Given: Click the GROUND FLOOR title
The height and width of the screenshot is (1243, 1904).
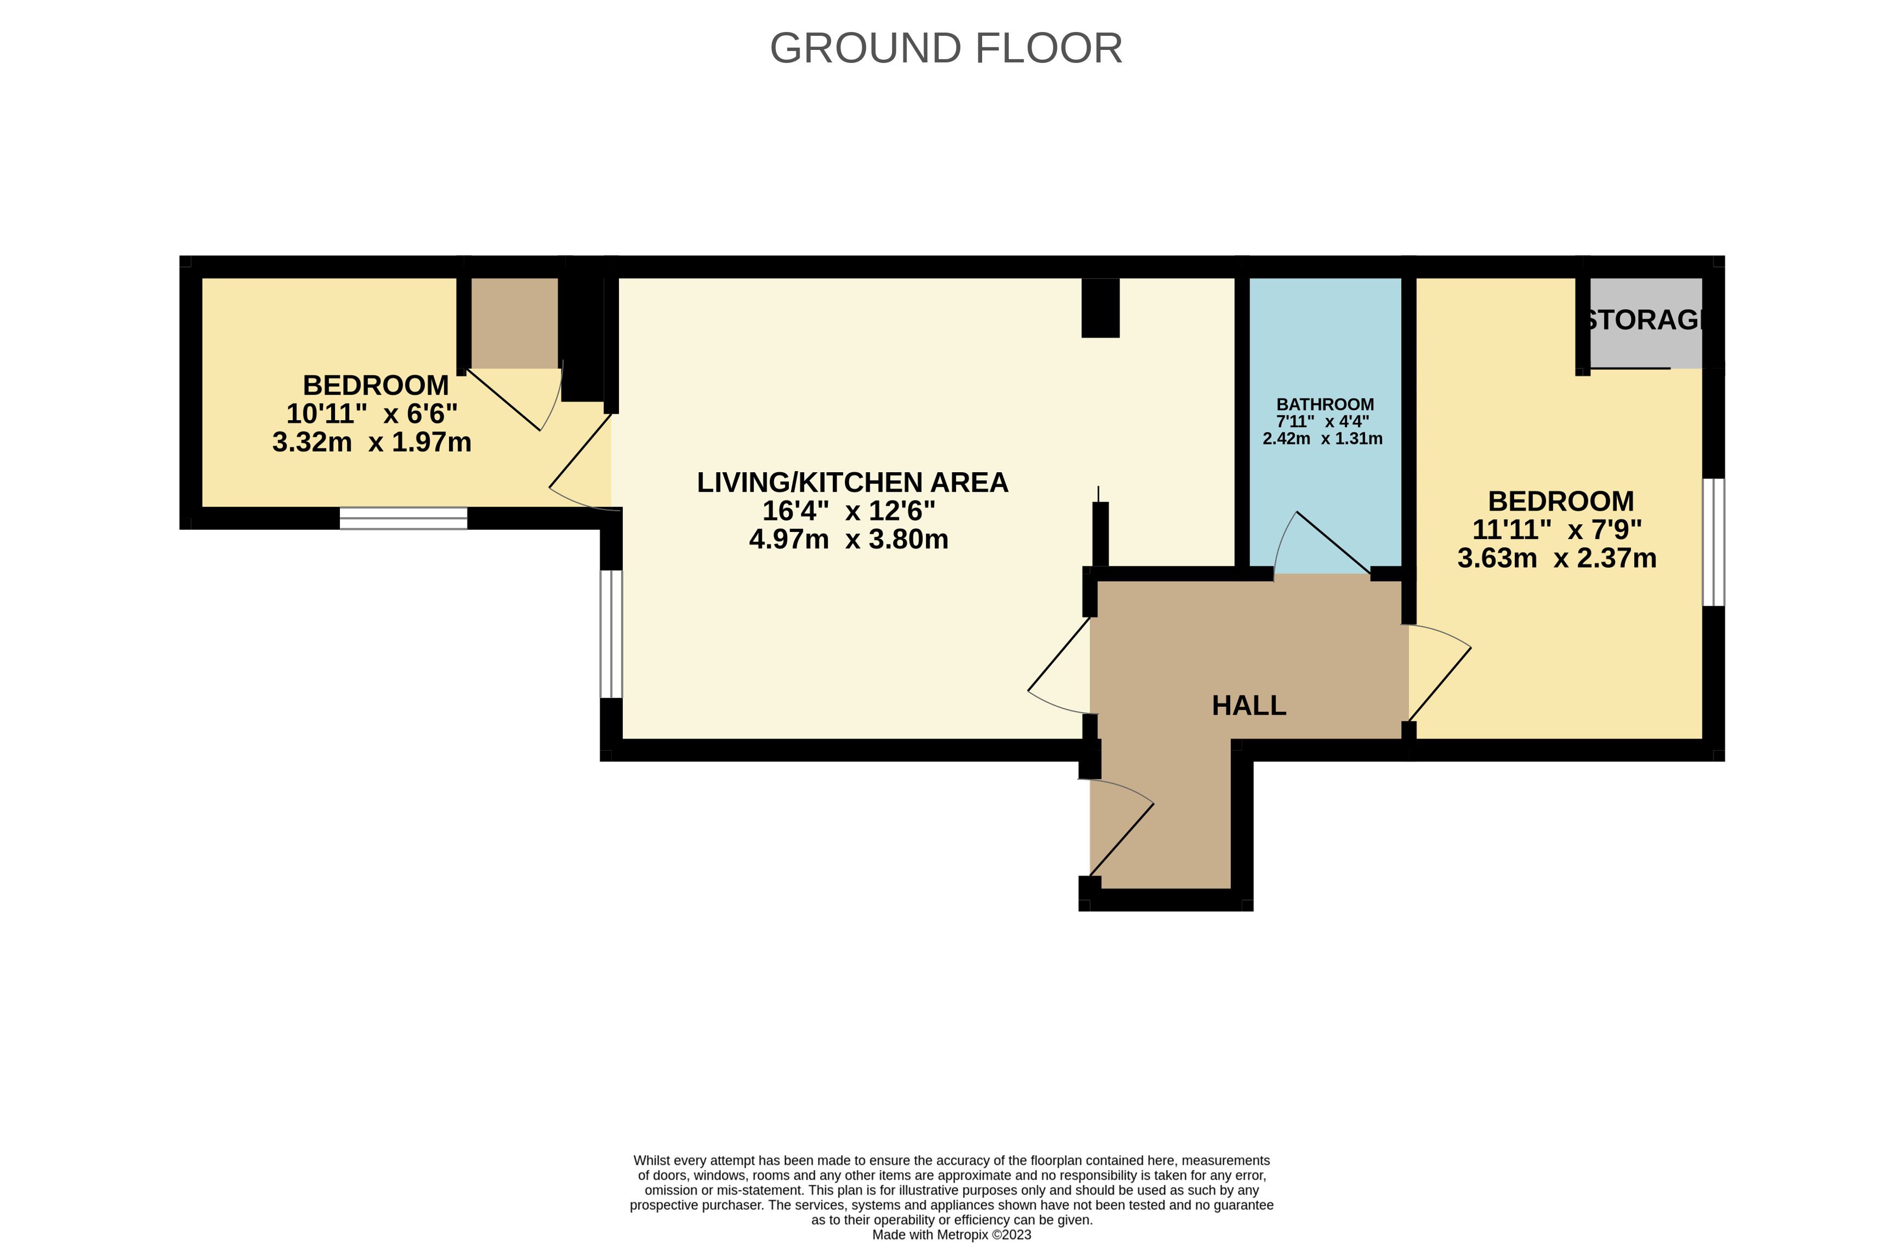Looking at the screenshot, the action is tap(946, 48).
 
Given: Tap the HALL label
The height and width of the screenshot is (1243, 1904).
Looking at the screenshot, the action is tap(1249, 706).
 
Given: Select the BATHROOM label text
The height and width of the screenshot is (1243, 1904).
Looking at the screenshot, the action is tap(1325, 405).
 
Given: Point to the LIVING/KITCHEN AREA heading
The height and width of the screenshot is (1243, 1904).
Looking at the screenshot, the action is tap(852, 483).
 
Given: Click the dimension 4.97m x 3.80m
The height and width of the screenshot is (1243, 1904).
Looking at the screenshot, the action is tap(849, 539).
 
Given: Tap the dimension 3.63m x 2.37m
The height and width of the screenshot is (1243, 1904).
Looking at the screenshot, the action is tap(1557, 557).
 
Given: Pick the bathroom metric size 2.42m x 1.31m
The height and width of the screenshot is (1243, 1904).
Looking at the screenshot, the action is tap(1323, 439).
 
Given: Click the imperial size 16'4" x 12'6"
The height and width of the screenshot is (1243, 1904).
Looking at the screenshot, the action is tap(849, 510).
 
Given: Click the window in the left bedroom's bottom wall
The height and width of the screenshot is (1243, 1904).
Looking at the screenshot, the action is tap(403, 518).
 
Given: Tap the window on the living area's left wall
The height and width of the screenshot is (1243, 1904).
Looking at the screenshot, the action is tap(611, 633).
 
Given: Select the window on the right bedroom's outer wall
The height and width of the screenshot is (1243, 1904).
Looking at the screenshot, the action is tap(1713, 542).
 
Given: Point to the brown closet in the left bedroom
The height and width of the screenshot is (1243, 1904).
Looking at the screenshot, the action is tap(514, 323).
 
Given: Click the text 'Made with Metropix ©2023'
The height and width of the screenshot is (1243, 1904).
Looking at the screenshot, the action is tap(951, 1234).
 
